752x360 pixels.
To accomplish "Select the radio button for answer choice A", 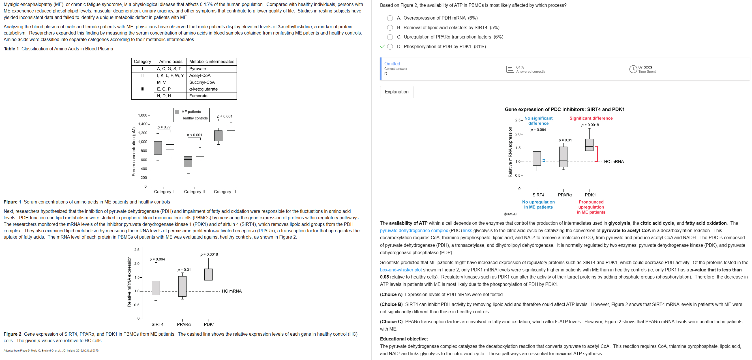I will click(x=390, y=18).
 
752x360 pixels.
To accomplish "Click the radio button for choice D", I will click(x=390, y=47).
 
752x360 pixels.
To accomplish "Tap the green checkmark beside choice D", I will click(x=382, y=46).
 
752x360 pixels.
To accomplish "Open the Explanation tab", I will click(x=397, y=92).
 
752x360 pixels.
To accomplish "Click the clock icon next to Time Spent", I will click(x=633, y=69).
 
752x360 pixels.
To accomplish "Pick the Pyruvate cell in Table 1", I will click(x=198, y=68).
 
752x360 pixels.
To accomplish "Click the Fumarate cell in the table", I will click(x=198, y=96).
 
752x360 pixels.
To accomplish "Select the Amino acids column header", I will click(x=170, y=62).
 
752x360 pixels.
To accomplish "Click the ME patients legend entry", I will click(x=191, y=112).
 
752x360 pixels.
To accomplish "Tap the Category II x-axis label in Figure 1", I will click(x=194, y=192).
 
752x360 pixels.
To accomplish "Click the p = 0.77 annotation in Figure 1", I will click(x=164, y=127).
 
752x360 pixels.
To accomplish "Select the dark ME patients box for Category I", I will click(x=158, y=148).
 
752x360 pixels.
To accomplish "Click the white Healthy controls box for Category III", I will click(x=231, y=128).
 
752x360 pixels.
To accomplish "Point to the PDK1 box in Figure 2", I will click(x=208, y=275).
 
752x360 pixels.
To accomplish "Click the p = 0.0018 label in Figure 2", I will click(x=209, y=255).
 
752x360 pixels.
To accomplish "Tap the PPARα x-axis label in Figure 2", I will click(x=184, y=324).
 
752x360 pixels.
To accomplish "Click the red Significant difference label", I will click(x=591, y=118).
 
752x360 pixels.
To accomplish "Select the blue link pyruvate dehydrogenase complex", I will click(x=414, y=231).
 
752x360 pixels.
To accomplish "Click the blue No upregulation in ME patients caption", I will click(x=538, y=204).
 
